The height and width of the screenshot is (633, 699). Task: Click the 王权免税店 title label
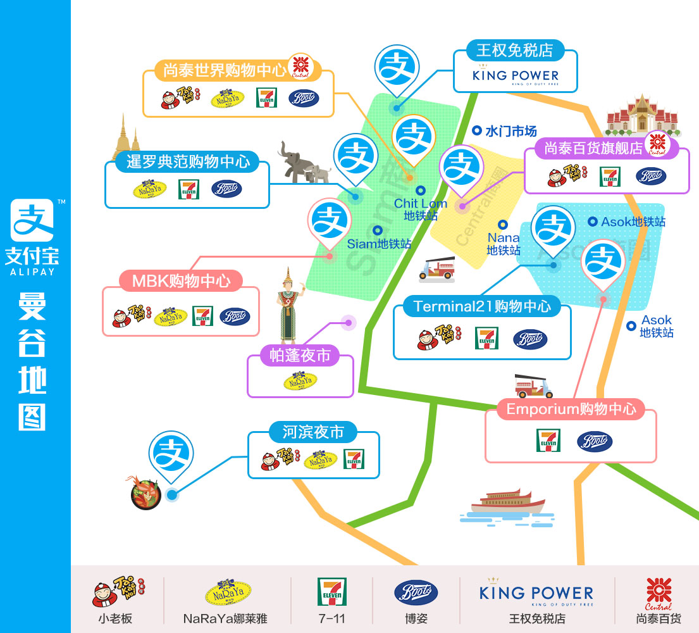(x=515, y=49)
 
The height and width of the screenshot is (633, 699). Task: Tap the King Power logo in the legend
(x=536, y=593)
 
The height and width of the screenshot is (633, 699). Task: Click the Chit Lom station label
(x=421, y=209)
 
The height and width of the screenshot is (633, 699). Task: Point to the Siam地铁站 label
(x=379, y=243)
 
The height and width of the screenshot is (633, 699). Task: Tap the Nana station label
(x=504, y=244)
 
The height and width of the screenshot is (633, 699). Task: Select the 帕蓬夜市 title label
(x=300, y=356)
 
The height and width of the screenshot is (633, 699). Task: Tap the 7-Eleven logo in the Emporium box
(x=548, y=441)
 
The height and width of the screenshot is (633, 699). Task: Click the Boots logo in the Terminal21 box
(x=530, y=339)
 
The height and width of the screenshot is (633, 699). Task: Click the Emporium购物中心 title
(x=571, y=409)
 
